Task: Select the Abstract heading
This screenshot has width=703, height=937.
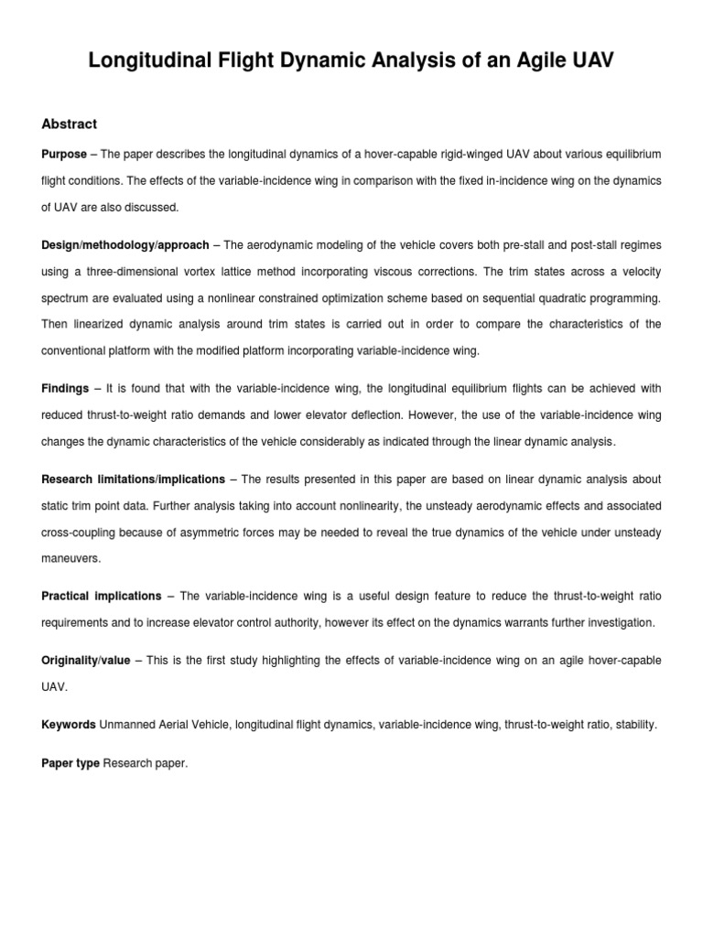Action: point(70,124)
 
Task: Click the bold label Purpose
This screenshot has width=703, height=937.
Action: point(64,154)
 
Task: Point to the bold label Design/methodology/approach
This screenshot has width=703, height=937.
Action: point(125,245)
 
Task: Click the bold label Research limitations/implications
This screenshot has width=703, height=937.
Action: point(133,479)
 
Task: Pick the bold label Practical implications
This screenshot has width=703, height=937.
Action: point(102,596)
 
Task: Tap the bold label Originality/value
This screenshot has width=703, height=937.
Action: point(86,660)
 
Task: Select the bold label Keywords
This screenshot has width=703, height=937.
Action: point(69,725)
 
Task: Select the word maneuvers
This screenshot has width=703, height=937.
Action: point(70,557)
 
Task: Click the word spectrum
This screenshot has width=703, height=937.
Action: point(69,298)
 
